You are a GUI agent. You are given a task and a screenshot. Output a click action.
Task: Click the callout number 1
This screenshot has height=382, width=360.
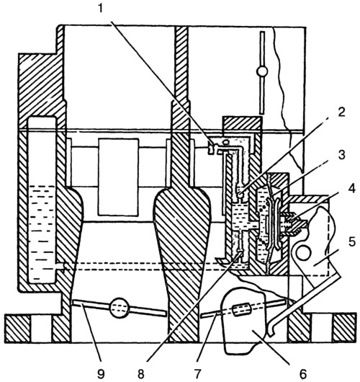pyautogui.click(x=101, y=9)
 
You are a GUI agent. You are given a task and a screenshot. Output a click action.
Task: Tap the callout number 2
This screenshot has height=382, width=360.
pyautogui.click(x=341, y=112)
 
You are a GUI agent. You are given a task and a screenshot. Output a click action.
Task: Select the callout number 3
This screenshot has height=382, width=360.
pyautogui.click(x=342, y=154)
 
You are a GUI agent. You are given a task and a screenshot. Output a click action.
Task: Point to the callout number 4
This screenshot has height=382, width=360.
pyautogui.click(x=351, y=189)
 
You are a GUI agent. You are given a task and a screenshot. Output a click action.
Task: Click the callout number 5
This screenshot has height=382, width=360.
pyautogui.click(x=352, y=242)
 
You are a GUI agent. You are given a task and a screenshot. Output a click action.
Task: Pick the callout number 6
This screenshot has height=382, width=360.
pyautogui.click(x=303, y=374)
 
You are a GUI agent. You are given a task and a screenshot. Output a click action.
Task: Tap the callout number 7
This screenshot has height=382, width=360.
pyautogui.click(x=197, y=374)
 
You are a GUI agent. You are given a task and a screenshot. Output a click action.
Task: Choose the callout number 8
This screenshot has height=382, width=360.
pyautogui.click(x=141, y=374)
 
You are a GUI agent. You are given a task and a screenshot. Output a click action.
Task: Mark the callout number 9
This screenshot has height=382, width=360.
pyautogui.click(x=101, y=374)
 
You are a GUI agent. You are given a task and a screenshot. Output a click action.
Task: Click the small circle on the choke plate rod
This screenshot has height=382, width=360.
pyautogui.click(x=262, y=71)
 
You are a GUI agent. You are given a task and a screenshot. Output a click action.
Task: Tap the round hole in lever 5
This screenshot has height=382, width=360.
pyautogui.click(x=302, y=254)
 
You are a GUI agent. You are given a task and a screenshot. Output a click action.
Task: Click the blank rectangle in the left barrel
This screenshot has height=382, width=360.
pyautogui.click(x=119, y=177)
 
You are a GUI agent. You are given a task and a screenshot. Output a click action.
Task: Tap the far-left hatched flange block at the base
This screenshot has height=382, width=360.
pyautogui.click(x=18, y=328)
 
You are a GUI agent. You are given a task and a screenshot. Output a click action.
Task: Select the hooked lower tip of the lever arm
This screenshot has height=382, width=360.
pyautogui.click(x=271, y=329)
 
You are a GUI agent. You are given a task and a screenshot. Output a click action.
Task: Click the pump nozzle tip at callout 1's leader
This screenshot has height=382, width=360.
pyautogui.click(x=211, y=148)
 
